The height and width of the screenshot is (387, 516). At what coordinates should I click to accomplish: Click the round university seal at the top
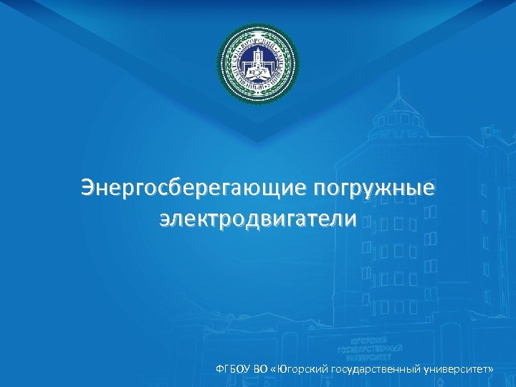[258, 65]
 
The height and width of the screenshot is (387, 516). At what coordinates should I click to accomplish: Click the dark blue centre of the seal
[258, 65]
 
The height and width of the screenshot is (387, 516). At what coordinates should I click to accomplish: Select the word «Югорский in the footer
[300, 368]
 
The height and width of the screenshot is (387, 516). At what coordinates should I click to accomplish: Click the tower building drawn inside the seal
[258, 61]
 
